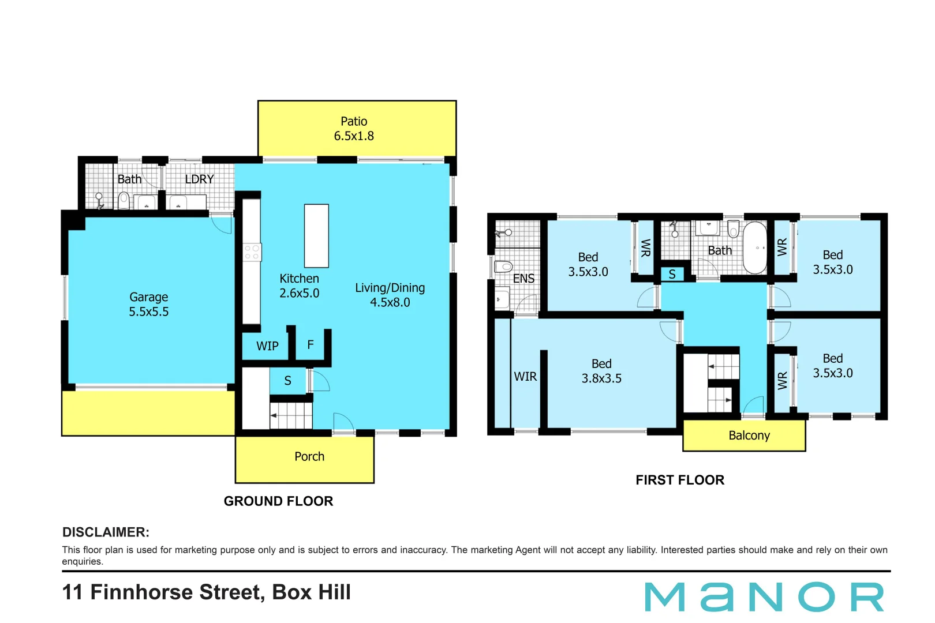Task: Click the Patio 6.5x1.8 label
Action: [354, 129]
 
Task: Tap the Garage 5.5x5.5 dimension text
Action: [149, 311]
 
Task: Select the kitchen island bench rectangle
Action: [316, 235]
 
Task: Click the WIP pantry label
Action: [267, 346]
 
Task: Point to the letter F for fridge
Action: [311, 345]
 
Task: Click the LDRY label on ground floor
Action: [199, 179]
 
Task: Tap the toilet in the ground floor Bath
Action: [124, 200]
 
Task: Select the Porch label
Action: [309, 456]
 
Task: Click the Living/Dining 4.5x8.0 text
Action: [390, 295]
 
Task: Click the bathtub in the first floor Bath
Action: [754, 247]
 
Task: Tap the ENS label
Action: [523, 279]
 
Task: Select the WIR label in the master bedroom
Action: [525, 377]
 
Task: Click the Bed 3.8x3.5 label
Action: [601, 371]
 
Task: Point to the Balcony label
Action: [749, 436]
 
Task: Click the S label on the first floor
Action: [672, 275]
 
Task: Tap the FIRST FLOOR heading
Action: [679, 480]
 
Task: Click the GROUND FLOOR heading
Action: [278, 501]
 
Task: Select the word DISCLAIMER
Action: [106, 532]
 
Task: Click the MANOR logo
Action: [764, 597]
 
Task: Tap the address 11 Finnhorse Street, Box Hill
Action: [206, 592]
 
